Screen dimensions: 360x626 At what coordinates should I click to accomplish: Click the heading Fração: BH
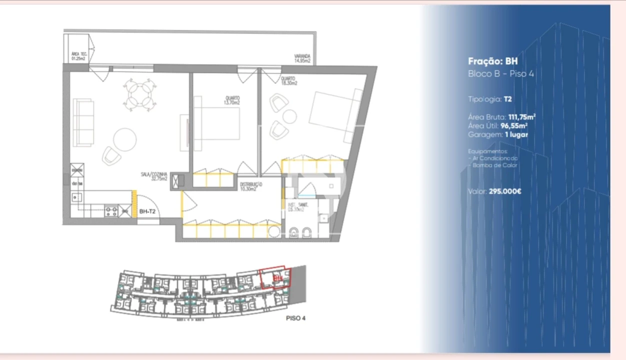[492, 61]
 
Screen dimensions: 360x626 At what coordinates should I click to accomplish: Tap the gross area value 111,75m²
[521, 116]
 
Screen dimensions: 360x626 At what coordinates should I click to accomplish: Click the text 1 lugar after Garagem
[515, 134]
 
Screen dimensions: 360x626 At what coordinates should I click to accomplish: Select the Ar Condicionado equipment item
[494, 158]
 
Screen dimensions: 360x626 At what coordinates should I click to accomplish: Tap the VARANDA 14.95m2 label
[302, 58]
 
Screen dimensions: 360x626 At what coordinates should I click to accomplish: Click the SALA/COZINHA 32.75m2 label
[153, 177]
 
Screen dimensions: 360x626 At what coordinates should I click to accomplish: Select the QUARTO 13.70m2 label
[232, 100]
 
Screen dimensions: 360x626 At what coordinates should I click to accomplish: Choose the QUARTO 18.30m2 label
[288, 81]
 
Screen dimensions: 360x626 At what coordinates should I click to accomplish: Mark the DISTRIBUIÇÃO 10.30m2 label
[251, 186]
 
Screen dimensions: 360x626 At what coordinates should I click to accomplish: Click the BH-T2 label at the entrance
[148, 211]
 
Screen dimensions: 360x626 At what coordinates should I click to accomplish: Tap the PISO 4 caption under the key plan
[295, 318]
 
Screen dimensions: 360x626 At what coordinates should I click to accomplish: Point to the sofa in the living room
[83, 122]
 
